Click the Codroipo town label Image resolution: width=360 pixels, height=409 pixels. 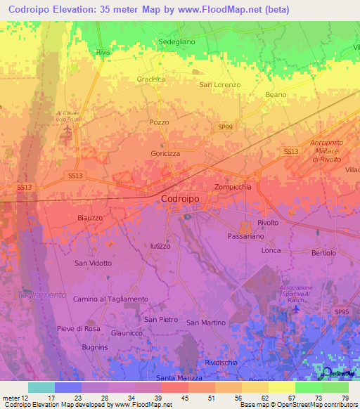coord(181,199)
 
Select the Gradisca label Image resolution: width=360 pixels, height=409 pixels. coord(151,79)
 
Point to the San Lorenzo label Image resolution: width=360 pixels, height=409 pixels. coord(220,84)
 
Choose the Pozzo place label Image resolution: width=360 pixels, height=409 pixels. coord(160,122)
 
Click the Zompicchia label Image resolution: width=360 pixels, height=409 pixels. coord(233,187)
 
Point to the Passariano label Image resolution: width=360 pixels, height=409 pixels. coord(246,238)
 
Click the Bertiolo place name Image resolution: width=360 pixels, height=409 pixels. coord(323,252)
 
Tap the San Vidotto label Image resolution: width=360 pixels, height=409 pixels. coord(93,263)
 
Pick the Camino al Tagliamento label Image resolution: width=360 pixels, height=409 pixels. coord(110,299)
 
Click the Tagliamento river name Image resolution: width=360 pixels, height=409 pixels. coord(42,295)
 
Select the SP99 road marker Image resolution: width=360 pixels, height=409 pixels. coord(225,126)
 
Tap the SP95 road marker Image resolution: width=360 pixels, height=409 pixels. coord(342,311)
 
